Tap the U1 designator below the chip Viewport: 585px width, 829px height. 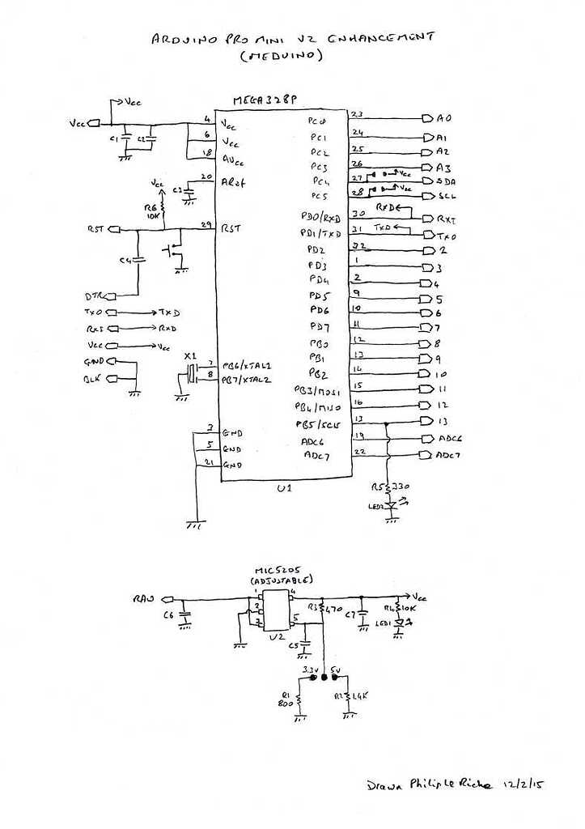[x=284, y=489]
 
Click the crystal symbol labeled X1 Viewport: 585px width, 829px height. [x=192, y=373]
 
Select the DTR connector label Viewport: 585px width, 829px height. [x=94, y=295]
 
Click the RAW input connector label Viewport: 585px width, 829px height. [x=144, y=599]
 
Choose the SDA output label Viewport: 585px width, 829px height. [x=446, y=181]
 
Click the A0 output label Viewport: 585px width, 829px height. [x=443, y=118]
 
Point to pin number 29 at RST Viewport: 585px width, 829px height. [x=206, y=223]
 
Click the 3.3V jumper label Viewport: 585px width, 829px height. [x=310, y=670]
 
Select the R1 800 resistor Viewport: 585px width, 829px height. [x=299, y=699]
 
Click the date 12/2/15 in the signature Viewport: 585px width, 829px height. [x=522, y=784]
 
